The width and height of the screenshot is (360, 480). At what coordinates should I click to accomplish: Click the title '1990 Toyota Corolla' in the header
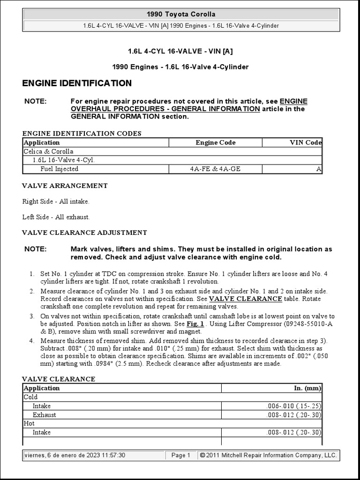(x=181, y=15)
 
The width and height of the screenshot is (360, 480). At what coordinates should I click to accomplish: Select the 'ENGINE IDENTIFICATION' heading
(x=77, y=83)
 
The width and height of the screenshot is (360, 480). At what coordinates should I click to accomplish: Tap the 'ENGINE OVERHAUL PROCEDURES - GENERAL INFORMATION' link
(x=165, y=109)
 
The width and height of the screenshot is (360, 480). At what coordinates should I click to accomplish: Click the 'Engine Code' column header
(x=215, y=142)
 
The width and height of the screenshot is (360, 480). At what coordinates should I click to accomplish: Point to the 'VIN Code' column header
(x=306, y=142)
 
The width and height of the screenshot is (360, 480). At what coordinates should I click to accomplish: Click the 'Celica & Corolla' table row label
(x=48, y=151)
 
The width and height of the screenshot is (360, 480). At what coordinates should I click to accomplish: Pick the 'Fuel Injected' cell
(x=59, y=169)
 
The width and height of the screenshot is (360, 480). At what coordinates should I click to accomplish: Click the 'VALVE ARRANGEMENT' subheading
(x=65, y=186)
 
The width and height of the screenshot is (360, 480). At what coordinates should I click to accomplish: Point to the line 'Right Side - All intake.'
(x=56, y=202)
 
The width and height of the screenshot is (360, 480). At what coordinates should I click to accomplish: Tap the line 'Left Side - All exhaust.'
(x=56, y=217)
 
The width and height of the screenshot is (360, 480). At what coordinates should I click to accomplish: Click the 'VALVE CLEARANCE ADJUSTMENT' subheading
(x=84, y=232)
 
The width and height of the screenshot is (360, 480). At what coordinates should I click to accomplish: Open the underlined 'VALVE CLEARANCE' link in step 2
(x=245, y=299)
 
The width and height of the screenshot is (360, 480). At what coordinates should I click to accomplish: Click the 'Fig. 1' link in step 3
(x=195, y=323)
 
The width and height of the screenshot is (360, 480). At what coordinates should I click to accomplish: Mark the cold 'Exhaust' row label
(x=44, y=415)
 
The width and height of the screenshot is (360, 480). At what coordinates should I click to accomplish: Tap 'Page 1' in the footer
(x=180, y=455)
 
